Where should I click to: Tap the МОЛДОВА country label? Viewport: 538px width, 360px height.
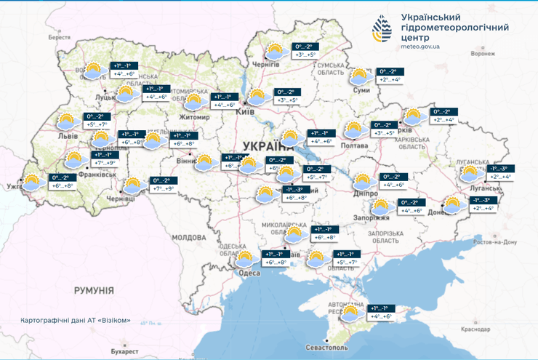(190, 238)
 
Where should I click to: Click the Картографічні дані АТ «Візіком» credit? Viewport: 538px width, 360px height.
(76, 320)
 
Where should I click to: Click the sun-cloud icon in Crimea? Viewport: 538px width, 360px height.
(350, 313)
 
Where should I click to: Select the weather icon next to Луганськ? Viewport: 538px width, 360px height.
(470, 173)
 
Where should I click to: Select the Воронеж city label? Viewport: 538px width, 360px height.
(483, 53)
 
